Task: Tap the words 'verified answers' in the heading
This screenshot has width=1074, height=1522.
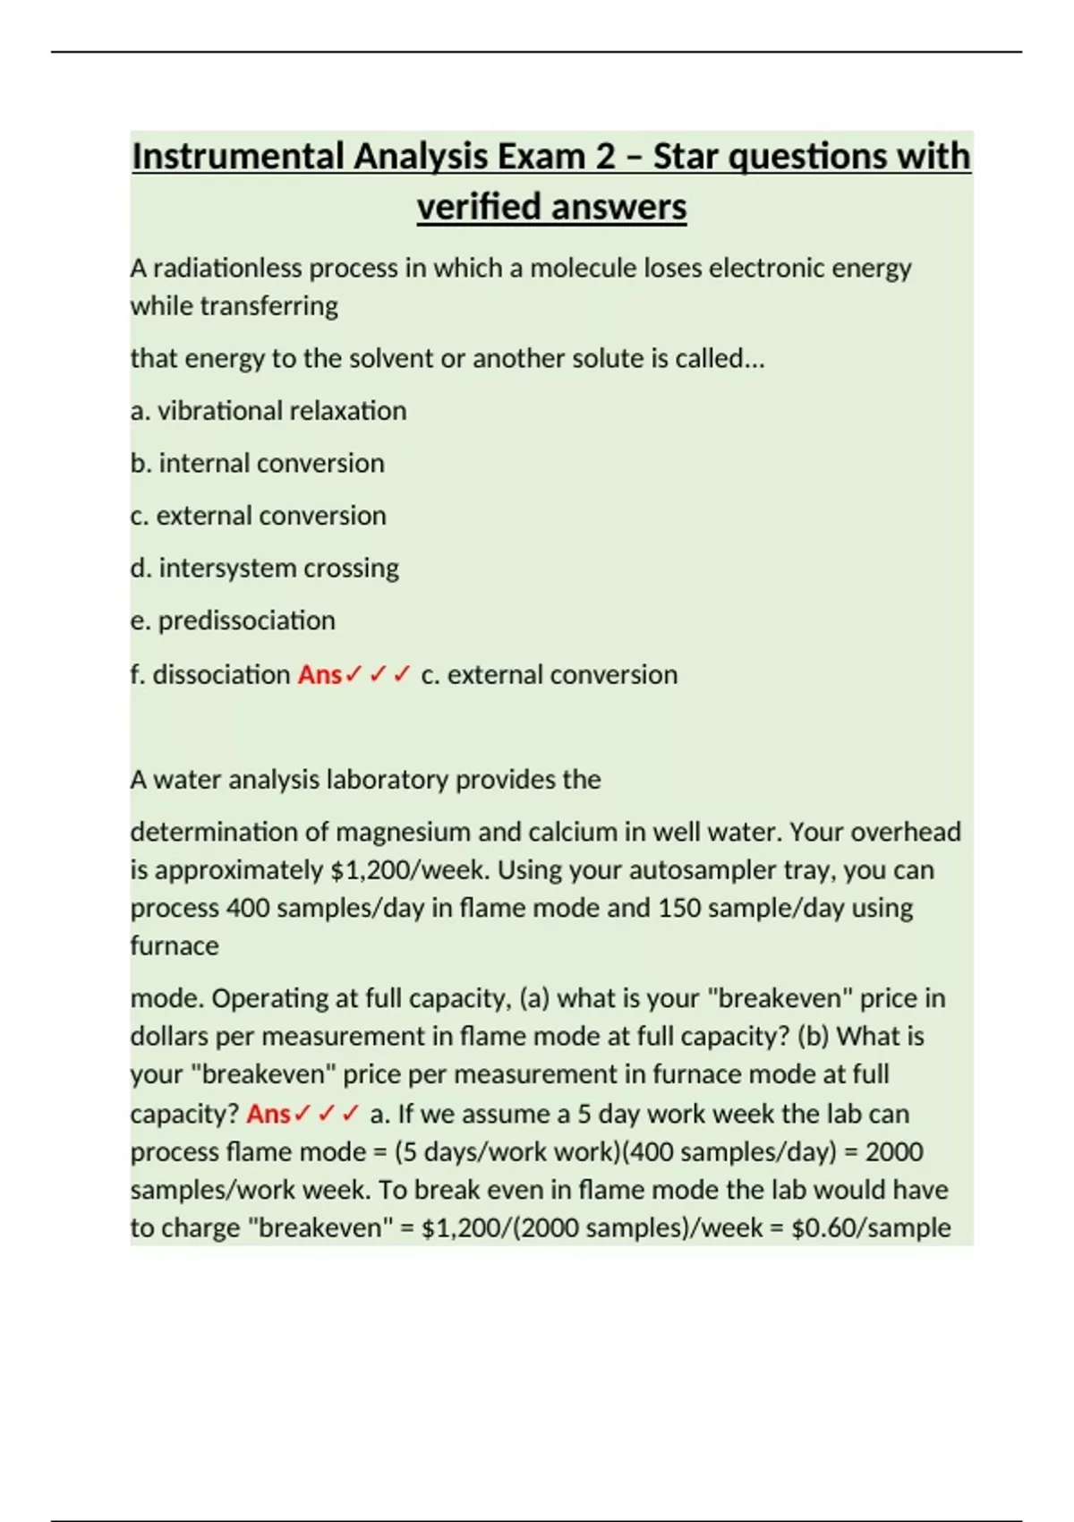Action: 551,207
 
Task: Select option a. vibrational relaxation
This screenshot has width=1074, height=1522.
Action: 268,411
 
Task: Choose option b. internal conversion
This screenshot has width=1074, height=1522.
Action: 258,463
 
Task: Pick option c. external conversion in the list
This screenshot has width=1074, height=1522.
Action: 259,516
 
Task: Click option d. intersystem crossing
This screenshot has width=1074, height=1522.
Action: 265,568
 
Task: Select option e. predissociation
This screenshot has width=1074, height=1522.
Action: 233,620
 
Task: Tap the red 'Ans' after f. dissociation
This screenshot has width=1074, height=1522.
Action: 320,674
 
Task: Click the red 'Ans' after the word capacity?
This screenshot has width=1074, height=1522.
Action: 268,1114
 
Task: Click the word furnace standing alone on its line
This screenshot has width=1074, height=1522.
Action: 175,945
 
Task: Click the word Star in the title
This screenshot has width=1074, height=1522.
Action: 686,157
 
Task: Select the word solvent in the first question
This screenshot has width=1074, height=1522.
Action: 390,358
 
